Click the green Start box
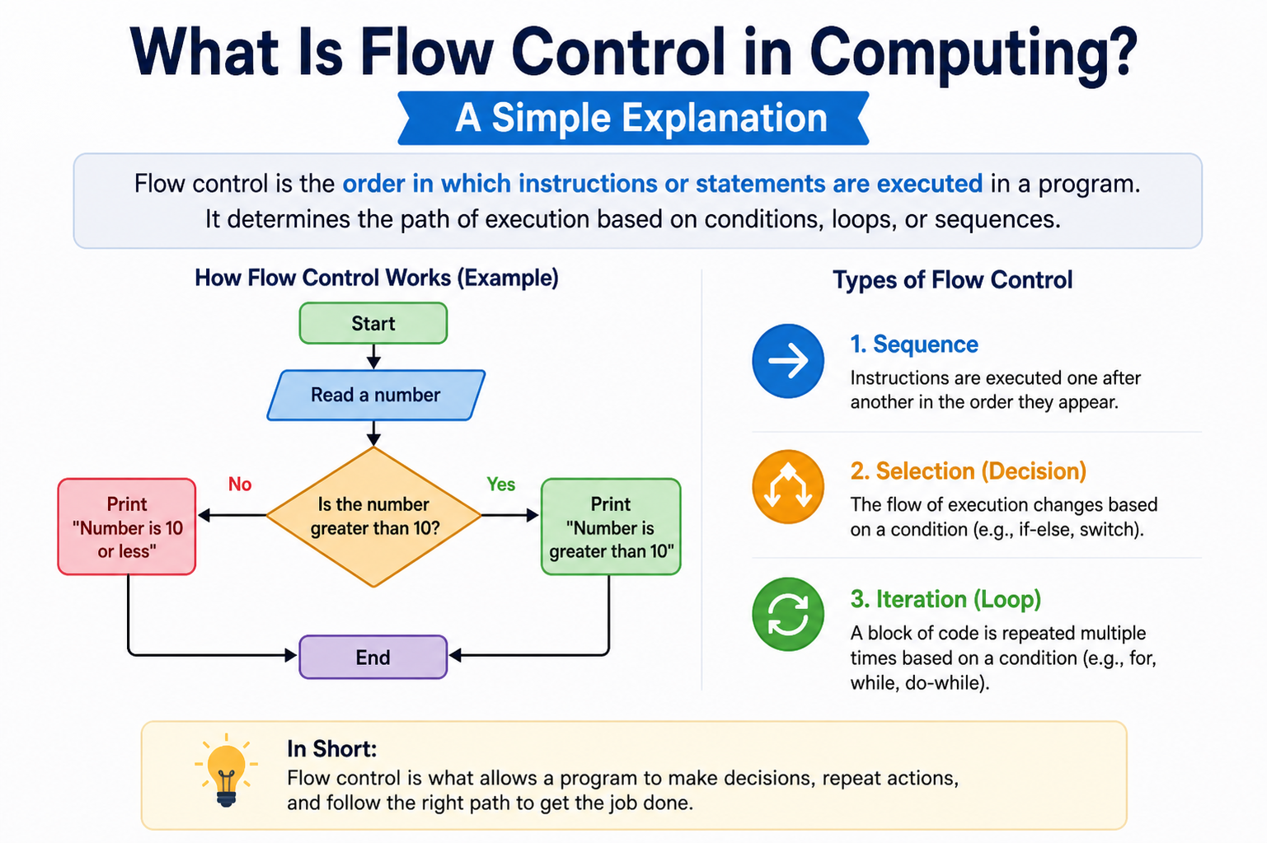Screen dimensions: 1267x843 [373, 323]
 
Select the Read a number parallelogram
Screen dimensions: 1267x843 [376, 396]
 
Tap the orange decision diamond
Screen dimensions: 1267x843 [374, 517]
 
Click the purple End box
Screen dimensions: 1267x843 [373, 657]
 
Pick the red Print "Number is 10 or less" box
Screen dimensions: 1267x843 [127, 527]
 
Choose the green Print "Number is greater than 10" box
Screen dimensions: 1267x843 [611, 527]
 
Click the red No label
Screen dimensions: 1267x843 [240, 484]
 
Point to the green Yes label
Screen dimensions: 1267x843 [501, 484]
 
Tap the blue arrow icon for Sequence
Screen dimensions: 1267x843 [788, 361]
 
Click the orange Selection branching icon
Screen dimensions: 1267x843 [788, 486]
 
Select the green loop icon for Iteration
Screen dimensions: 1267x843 [788, 614]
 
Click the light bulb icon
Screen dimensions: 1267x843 [226, 770]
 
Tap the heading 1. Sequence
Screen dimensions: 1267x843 [914, 344]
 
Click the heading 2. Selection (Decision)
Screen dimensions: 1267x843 [969, 471]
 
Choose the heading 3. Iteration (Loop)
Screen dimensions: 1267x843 [946, 599]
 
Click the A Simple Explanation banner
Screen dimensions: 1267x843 [633, 118]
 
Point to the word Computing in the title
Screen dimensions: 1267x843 [974, 55]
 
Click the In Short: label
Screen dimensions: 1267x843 [332, 748]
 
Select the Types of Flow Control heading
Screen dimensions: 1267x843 [952, 280]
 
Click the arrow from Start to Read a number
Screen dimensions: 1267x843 [373, 357]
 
